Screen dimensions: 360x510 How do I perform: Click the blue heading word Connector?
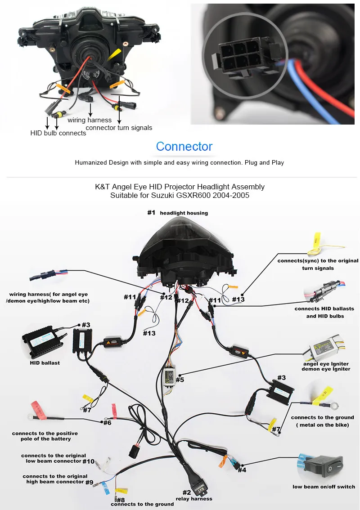[184, 146]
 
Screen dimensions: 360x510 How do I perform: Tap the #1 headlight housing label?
[177, 213]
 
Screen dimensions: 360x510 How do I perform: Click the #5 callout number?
[180, 380]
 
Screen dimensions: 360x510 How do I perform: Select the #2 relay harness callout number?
[186, 492]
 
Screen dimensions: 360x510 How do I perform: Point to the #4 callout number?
[242, 470]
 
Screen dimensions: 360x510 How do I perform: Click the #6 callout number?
[108, 422]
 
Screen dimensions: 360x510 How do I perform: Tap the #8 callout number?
[121, 500]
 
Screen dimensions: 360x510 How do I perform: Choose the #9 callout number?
[89, 483]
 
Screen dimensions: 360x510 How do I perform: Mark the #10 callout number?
[89, 461]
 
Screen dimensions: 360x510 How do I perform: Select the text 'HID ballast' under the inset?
[45, 362]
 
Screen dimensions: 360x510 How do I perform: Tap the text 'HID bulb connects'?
[58, 133]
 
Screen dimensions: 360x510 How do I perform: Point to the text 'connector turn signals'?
[119, 128]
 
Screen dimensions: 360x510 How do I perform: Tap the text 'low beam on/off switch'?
[324, 487]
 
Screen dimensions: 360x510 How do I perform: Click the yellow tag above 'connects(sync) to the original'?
[317, 241]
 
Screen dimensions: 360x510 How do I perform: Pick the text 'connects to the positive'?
[45, 433]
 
